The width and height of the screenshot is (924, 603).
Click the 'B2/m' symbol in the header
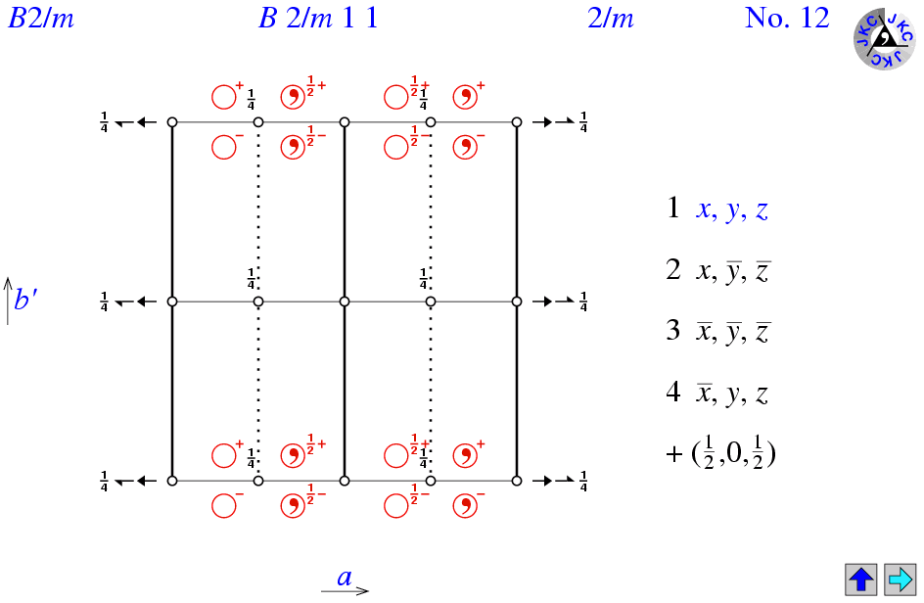point(41,19)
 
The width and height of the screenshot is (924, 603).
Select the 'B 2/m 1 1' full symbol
point(318,19)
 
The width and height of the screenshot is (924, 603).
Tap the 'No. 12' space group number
point(787,18)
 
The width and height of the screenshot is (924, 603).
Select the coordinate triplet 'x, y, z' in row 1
point(732,209)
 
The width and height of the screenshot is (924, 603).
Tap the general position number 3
point(673,330)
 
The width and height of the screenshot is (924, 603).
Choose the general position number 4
point(673,392)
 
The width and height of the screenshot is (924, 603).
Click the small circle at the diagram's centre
point(345,301)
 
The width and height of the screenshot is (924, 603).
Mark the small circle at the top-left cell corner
point(172,122)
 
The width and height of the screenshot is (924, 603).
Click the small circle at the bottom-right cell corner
point(517,481)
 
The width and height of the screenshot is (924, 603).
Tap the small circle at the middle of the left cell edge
point(172,301)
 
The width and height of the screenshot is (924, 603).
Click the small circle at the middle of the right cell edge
point(517,301)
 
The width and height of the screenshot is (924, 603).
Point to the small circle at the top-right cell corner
point(517,122)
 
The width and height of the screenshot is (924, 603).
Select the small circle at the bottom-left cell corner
point(172,481)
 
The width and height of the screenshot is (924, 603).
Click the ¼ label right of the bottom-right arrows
point(583,481)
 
